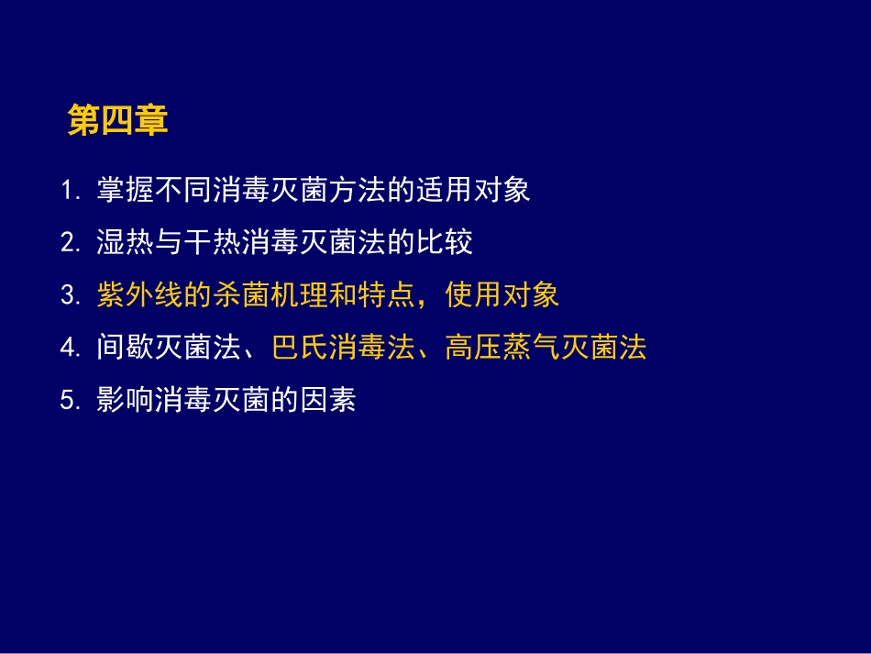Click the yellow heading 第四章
[117, 121]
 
